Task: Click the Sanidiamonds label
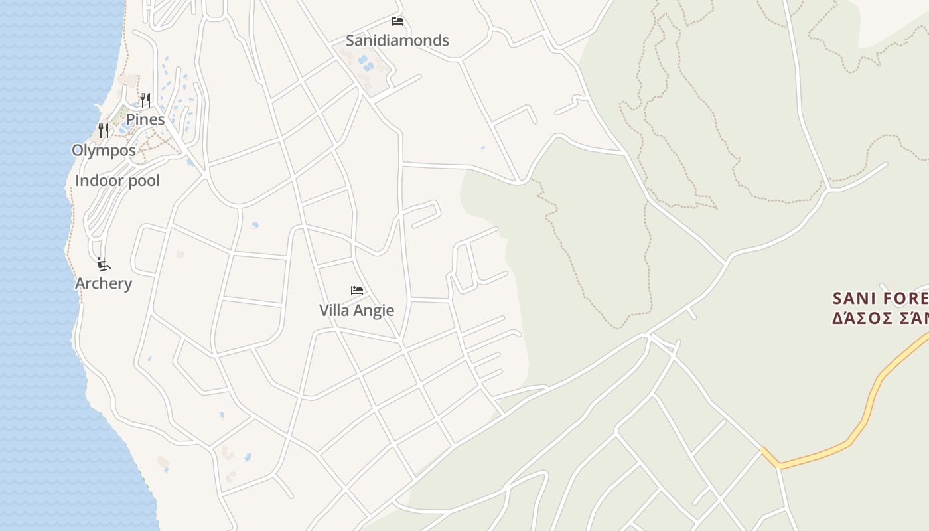coord(397,40)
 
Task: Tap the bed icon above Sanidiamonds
coord(397,21)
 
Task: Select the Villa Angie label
coord(356,310)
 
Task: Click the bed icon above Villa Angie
coord(357,291)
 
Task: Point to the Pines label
coord(145,119)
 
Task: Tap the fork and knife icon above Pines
coord(145,100)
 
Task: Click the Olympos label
coord(104,150)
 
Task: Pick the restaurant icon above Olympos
coord(104,130)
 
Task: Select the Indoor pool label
coord(117,181)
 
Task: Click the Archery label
coord(104,283)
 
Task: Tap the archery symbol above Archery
coord(103,264)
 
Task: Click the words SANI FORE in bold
coord(880,297)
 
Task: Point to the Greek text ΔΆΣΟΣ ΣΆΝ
coord(880,318)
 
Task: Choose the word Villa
coord(334,310)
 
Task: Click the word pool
coord(144,181)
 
